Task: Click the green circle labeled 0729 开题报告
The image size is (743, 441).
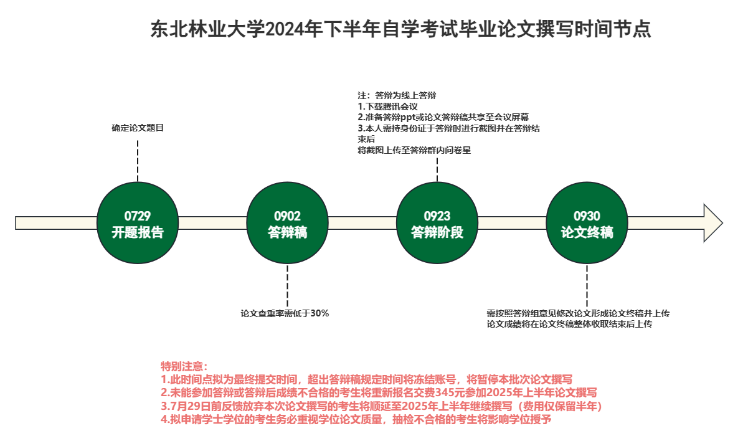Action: pyautogui.click(x=137, y=223)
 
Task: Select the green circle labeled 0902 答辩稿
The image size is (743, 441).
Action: pyautogui.click(x=287, y=223)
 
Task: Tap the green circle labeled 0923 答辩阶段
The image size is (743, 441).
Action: pyautogui.click(x=437, y=223)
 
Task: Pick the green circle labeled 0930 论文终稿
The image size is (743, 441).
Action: pyautogui.click(x=587, y=223)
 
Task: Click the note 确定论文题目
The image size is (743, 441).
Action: pyautogui.click(x=137, y=128)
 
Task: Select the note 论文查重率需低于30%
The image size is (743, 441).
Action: pyautogui.click(x=285, y=313)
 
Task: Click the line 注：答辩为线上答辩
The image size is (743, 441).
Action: pyautogui.click(x=397, y=95)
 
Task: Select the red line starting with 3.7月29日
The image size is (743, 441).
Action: pyautogui.click(x=381, y=406)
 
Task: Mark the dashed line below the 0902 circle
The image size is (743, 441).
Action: pyautogui.click(x=287, y=285)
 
